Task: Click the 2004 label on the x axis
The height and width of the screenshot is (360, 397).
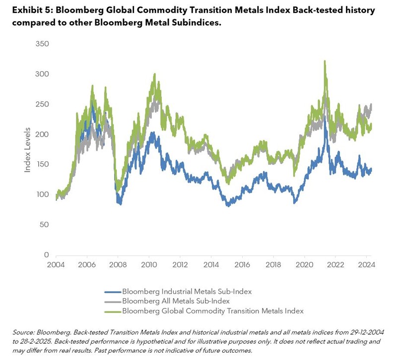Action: (x=56, y=265)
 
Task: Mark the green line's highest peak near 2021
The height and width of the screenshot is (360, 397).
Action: (x=325, y=61)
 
